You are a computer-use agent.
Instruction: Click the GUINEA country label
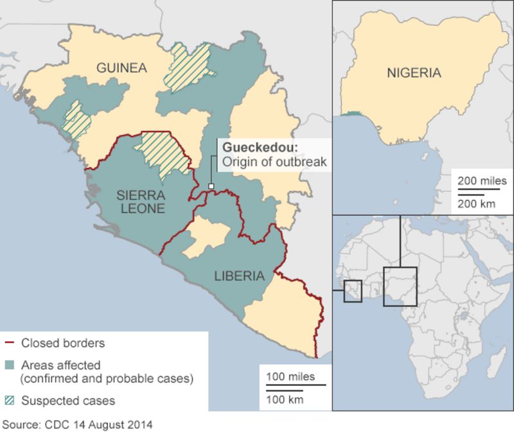pos(121,68)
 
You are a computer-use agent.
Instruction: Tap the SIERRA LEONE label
pos(141,200)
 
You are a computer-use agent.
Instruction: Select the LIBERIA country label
pos(240,276)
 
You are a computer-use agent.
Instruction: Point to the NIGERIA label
pos(414,73)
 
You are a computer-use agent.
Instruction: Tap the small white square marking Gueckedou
pos(210,186)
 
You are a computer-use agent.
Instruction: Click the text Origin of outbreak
pos(274,162)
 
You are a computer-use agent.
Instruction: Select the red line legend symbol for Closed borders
pos(9,343)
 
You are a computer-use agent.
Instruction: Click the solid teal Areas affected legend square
pos(9,365)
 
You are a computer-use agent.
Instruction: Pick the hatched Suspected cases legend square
pos(9,401)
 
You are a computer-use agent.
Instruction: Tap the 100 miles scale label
pos(290,376)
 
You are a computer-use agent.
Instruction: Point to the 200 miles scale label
pos(482,181)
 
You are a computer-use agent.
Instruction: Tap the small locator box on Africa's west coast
pos(352,291)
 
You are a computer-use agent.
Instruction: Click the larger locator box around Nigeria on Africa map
pos(400,286)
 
